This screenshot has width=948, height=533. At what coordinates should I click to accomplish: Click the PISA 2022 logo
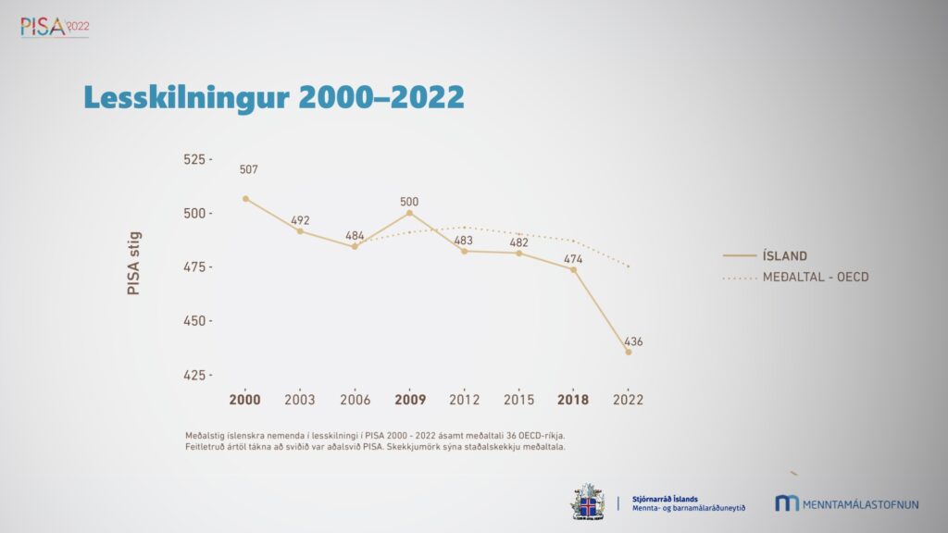coord(55,26)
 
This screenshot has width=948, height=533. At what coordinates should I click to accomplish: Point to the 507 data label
coord(248,170)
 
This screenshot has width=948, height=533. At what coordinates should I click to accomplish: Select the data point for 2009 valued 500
coord(409,213)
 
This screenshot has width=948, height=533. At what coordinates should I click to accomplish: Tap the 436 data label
coord(633,341)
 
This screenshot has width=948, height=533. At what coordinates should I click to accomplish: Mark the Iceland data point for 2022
coord(629,352)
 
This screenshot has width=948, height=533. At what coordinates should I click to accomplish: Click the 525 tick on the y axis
coord(197,159)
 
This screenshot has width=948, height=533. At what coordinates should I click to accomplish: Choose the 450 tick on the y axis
coord(197,321)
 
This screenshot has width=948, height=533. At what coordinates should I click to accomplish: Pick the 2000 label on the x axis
coord(245,400)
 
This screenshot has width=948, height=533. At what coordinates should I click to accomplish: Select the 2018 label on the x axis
coord(574,400)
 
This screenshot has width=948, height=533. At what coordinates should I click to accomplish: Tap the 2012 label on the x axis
coord(464,400)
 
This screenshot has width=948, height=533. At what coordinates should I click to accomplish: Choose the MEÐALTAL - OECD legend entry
coord(816,277)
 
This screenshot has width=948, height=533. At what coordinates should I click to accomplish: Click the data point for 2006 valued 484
coord(355,246)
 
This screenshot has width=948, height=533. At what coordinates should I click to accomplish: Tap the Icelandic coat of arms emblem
coord(588,501)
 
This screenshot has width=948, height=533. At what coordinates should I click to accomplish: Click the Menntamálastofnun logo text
coord(860,504)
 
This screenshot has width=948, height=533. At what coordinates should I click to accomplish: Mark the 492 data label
coord(300,220)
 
